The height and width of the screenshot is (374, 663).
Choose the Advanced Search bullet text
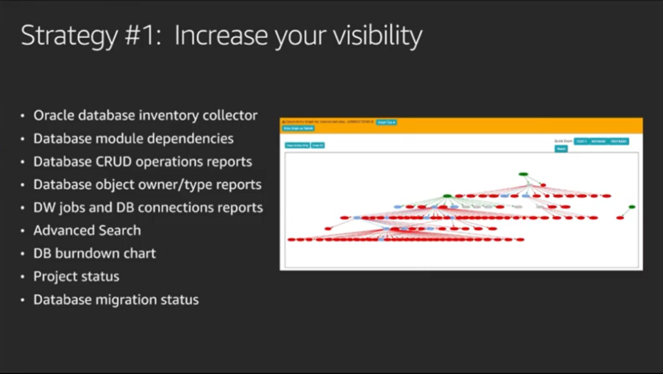(x=87, y=230)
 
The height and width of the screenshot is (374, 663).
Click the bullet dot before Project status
(x=24, y=277)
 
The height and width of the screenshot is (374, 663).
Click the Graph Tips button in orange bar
(x=386, y=122)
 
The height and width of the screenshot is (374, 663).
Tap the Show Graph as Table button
(x=298, y=128)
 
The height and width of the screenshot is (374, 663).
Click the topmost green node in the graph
(x=523, y=174)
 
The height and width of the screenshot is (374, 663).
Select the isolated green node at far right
(x=631, y=207)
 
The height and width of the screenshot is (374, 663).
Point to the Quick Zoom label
(x=563, y=141)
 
